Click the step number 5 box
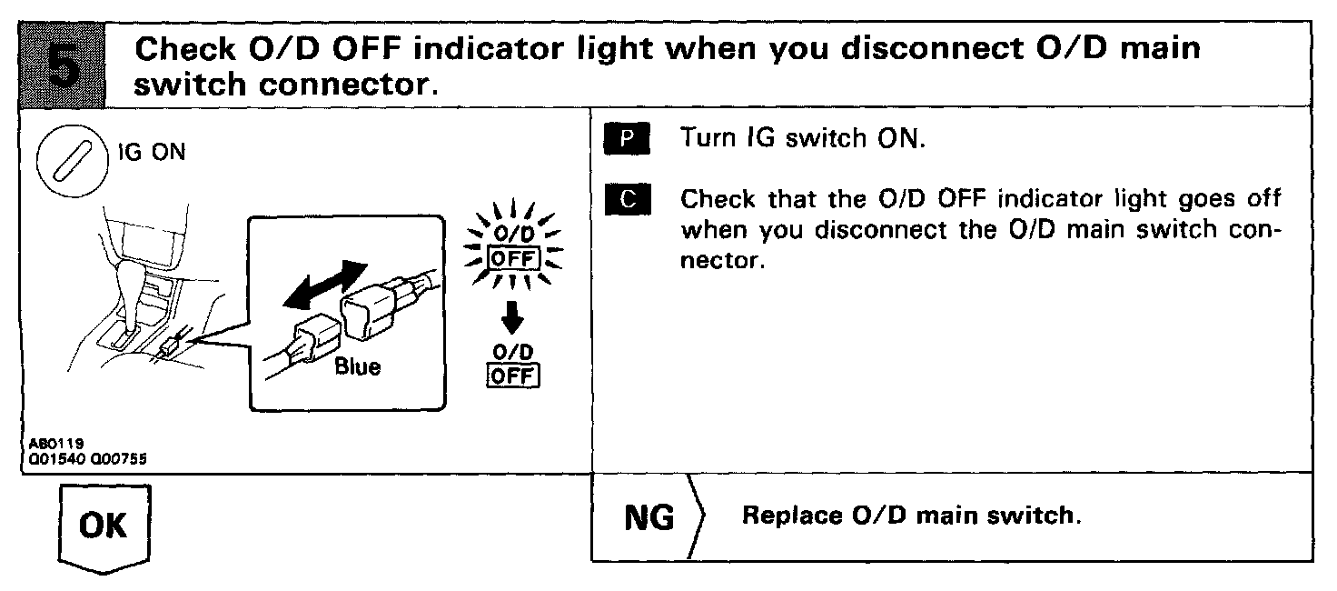(62, 65)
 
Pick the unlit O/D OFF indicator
(514, 366)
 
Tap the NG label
(649, 517)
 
